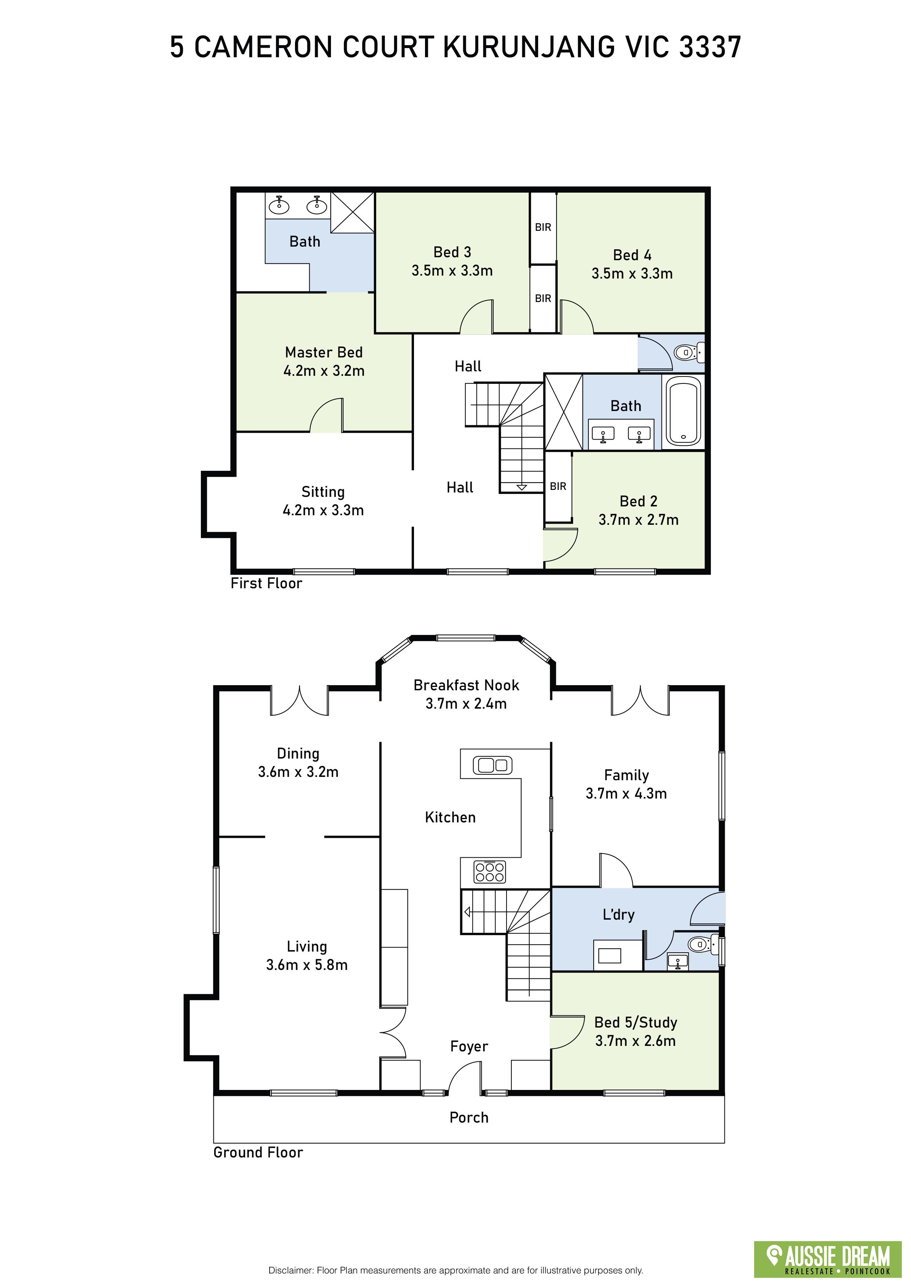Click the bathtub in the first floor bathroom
tap(682, 411)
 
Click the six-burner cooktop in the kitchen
tap(490, 872)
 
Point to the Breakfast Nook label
tap(466, 685)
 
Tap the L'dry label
tap(618, 915)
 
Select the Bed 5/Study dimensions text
tap(635, 1040)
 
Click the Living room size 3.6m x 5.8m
tap(307, 965)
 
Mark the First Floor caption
tap(266, 583)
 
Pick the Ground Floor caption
tap(258, 1148)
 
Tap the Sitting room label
tap(323, 492)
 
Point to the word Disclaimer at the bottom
tap(291, 1270)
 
